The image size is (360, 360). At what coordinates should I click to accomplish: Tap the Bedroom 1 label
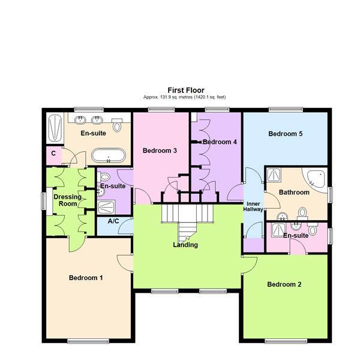tap(85, 278)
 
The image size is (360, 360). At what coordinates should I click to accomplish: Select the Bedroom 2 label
tap(284, 284)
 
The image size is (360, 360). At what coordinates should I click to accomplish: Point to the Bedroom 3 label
tap(159, 151)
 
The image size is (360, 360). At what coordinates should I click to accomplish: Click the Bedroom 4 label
tap(220, 142)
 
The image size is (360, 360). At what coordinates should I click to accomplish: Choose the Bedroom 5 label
tap(285, 134)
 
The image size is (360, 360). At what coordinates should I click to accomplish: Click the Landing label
tap(185, 245)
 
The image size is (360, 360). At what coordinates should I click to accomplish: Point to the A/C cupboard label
tap(113, 221)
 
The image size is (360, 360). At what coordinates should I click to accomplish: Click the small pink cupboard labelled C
tap(53, 154)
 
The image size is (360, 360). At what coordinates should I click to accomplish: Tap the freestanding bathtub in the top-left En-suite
tap(108, 157)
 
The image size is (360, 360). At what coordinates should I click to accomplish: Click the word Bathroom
tap(294, 193)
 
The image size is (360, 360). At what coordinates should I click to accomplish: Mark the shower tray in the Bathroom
tap(274, 174)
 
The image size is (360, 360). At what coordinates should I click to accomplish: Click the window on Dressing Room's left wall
tap(44, 200)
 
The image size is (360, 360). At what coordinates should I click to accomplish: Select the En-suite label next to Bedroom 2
tap(295, 236)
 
